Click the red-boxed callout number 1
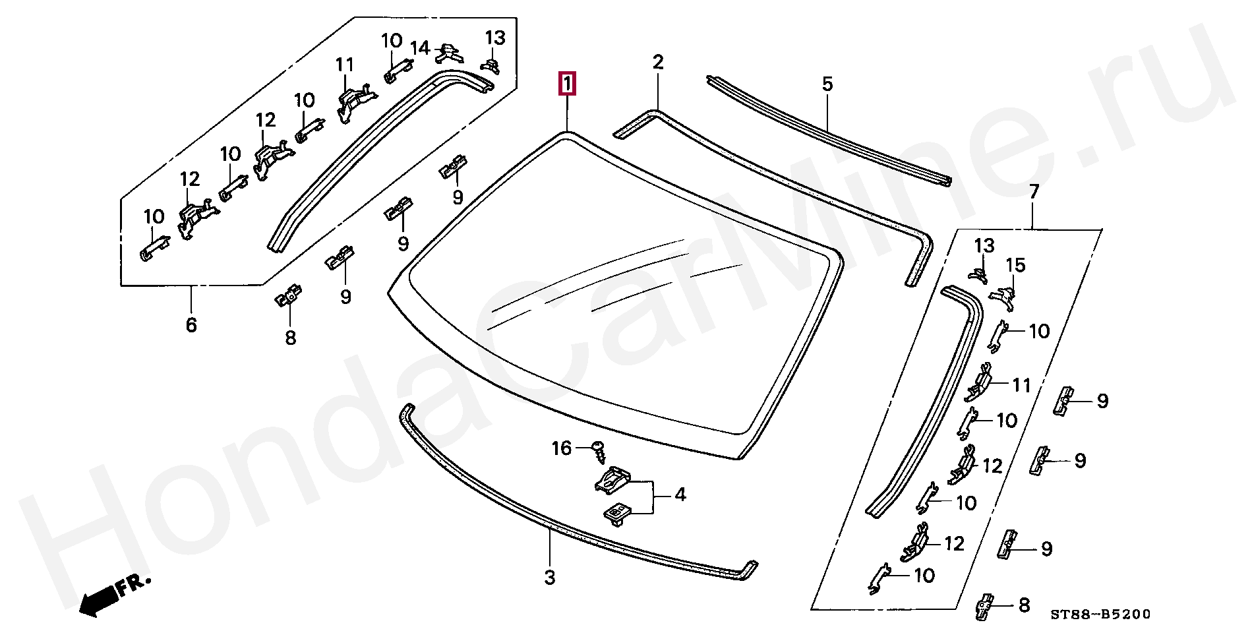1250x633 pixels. (x=567, y=84)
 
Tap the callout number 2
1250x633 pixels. (x=657, y=63)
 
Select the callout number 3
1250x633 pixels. (x=550, y=578)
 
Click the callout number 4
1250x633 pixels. (x=680, y=495)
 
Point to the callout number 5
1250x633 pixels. (x=827, y=84)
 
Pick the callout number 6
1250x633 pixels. (x=191, y=324)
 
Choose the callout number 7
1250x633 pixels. (x=1034, y=193)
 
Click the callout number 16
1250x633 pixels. (x=561, y=448)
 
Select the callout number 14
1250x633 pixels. (x=420, y=48)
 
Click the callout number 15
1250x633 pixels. (x=1015, y=265)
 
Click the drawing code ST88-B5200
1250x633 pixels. (x=1100, y=615)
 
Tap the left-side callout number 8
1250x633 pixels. (x=291, y=338)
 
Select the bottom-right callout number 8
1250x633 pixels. (x=1024, y=605)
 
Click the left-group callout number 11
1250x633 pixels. (x=344, y=65)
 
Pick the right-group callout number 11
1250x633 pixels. (x=1021, y=385)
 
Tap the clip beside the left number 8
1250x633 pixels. (x=288, y=295)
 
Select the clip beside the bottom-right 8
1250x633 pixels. (x=984, y=605)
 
